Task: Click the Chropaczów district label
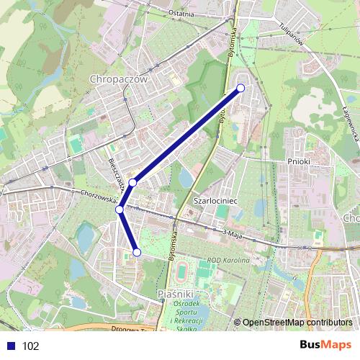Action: click(119, 78)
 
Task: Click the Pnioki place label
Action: click(298, 162)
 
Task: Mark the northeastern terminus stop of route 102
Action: click(240, 88)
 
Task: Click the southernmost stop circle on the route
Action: click(137, 252)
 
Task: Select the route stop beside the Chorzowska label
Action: click(120, 210)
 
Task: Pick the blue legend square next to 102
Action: click(11, 346)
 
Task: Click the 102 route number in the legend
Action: click(31, 346)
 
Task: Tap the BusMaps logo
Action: click(325, 345)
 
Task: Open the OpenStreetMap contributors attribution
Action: click(297, 322)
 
